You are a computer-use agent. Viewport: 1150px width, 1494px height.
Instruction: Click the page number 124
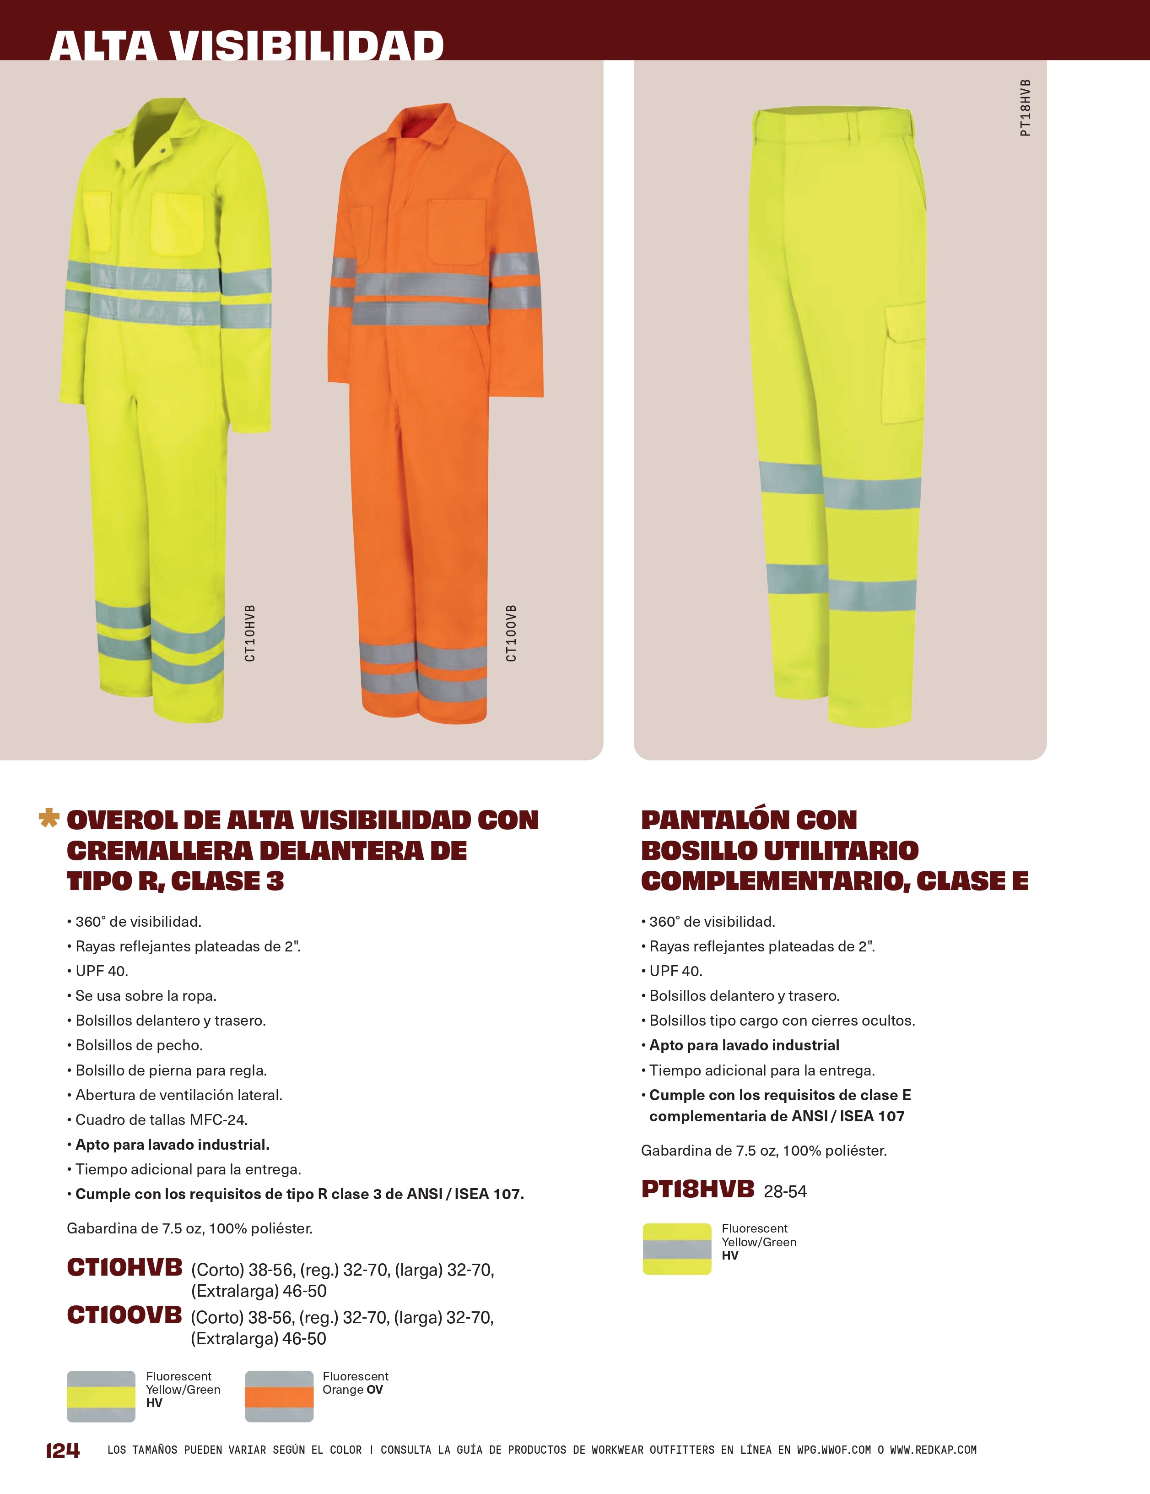pos(62,1450)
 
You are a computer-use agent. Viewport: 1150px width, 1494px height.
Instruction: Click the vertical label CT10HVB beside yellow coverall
pos(250,633)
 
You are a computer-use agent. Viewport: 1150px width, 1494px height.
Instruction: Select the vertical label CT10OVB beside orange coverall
pos(512,633)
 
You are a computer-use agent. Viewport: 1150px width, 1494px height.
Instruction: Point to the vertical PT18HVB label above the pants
pos(1025,108)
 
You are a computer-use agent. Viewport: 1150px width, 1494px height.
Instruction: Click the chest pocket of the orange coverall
pos(456,233)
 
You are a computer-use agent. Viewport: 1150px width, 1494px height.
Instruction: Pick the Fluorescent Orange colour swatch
pos(279,1396)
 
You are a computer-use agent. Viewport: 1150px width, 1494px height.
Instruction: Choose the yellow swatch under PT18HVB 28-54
pos(677,1249)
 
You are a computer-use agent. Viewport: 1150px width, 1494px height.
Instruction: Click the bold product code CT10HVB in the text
pos(125,1267)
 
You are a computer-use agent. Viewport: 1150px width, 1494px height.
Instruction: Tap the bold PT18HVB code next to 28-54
pos(697,1190)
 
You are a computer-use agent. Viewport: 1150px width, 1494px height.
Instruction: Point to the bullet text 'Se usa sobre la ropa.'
pos(146,995)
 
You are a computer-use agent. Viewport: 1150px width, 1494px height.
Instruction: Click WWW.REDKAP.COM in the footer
pos(933,1450)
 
